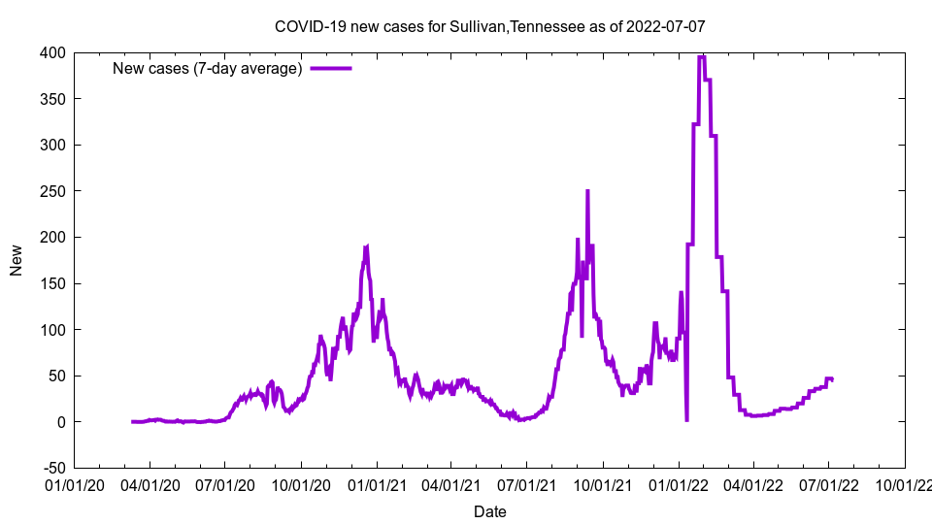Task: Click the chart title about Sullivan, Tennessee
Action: click(489, 26)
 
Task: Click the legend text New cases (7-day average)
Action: click(208, 68)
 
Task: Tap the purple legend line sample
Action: click(330, 68)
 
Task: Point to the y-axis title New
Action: click(17, 260)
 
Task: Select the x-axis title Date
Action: click(489, 511)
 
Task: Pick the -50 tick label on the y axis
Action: click(52, 469)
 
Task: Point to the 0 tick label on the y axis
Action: click(60, 422)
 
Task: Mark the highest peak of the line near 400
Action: click(701, 57)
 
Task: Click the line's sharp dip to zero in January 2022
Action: click(686, 420)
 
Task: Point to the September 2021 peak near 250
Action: click(587, 191)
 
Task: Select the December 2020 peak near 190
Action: click(366, 247)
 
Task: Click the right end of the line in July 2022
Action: click(832, 379)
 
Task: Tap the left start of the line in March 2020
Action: click(132, 421)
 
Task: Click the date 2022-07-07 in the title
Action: click(665, 26)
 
